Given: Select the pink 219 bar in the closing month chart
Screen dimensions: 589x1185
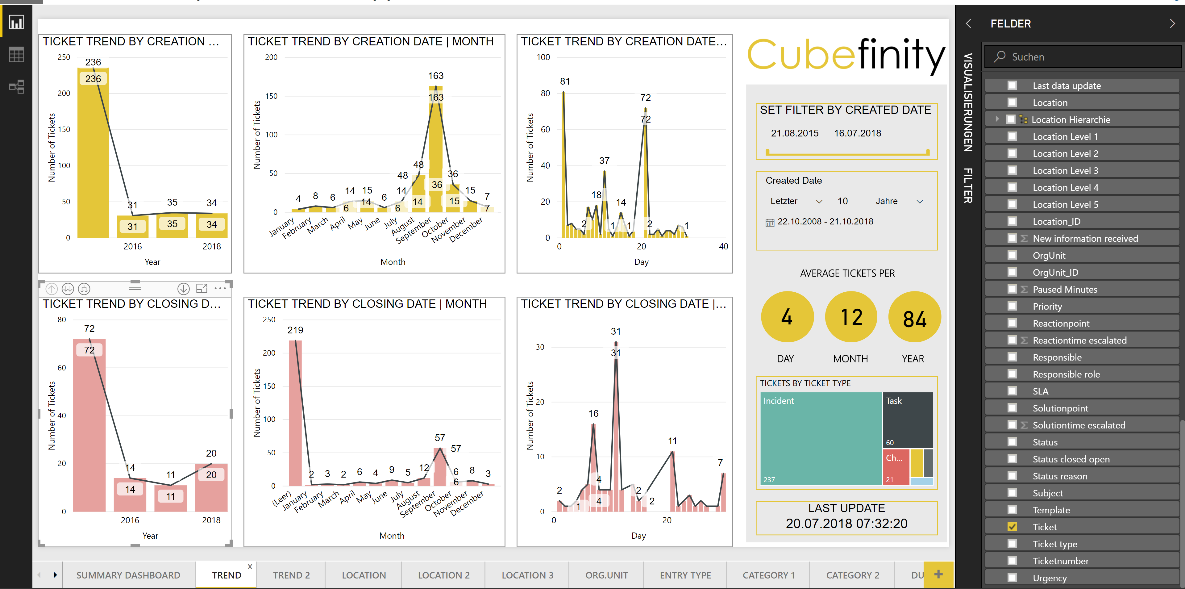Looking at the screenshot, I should [295, 414].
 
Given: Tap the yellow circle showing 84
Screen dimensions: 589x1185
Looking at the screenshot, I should [914, 318].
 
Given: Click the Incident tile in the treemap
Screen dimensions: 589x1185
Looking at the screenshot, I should [820, 437].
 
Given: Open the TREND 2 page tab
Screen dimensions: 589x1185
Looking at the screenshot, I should [291, 575].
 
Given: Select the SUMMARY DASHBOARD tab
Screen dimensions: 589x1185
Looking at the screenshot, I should [128, 575].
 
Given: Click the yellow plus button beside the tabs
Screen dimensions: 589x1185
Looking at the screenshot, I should [938, 574].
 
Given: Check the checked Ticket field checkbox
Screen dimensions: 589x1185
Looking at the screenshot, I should [1012, 527].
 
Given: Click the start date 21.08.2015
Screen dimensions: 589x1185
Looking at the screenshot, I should [794, 133].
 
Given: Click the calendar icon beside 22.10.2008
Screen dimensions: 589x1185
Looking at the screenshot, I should [770, 223].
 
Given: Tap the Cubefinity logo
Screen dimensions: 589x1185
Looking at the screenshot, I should [846, 54].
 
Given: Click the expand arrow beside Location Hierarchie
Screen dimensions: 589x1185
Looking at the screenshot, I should [997, 119].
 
